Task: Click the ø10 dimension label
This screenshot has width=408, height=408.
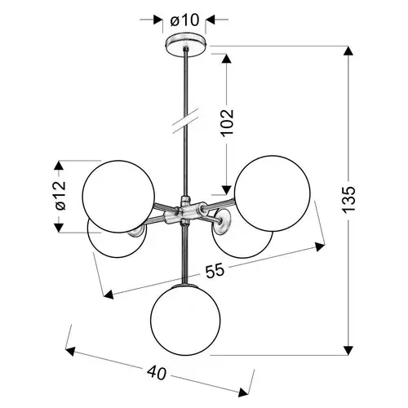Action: click(x=184, y=20)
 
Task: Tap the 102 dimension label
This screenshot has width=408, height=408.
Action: click(x=227, y=122)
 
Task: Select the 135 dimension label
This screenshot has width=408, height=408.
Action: click(x=348, y=199)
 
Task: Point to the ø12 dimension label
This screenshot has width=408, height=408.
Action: click(x=60, y=195)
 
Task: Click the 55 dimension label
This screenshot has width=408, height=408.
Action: click(x=215, y=271)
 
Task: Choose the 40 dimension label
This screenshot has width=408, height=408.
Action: click(x=157, y=373)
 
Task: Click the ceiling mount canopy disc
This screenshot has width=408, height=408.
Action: click(x=186, y=45)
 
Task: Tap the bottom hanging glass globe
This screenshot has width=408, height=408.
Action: click(x=185, y=320)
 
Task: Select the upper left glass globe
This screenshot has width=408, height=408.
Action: click(x=118, y=197)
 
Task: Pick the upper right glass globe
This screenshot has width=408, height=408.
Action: click(x=272, y=193)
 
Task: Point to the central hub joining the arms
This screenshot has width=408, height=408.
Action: click(x=185, y=210)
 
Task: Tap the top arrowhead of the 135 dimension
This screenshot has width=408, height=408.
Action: click(x=348, y=51)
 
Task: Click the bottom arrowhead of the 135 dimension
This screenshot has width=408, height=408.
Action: click(x=348, y=350)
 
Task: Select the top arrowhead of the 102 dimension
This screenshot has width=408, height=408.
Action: click(x=227, y=59)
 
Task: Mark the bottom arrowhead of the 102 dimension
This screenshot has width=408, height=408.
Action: click(x=227, y=190)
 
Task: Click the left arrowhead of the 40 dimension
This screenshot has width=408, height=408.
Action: click(x=70, y=352)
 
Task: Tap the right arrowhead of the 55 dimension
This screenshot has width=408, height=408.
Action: click(x=320, y=247)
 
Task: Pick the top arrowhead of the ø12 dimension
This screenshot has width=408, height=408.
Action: click(x=59, y=166)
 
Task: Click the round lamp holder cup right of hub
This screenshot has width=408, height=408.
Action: click(x=223, y=220)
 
